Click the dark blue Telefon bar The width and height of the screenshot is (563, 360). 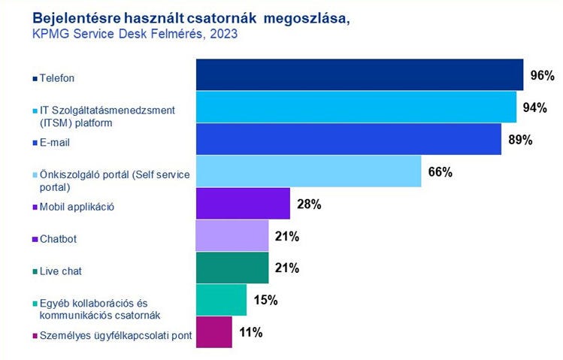pyautogui.click(x=359, y=74)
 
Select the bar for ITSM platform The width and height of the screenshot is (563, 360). pyautogui.click(x=356, y=107)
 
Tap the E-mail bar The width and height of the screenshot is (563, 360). pyautogui.click(x=348, y=139)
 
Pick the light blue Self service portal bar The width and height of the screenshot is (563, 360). pyautogui.click(x=308, y=171)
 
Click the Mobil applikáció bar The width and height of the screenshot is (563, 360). pyautogui.click(x=243, y=203)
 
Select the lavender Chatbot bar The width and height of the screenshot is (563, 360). pyautogui.click(x=232, y=235)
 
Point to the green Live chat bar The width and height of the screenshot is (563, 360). pyautogui.click(x=232, y=268)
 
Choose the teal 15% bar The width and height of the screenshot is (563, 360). pyautogui.click(x=221, y=300)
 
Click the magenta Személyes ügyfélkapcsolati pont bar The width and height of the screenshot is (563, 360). pyautogui.click(x=214, y=331)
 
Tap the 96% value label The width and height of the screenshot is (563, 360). pyautogui.click(x=541, y=75)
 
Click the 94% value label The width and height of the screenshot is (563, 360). pyautogui.click(x=534, y=107)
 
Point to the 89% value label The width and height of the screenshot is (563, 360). pyautogui.click(x=519, y=140)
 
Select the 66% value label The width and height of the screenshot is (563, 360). pyautogui.click(x=440, y=172)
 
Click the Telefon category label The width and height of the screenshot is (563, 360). pyautogui.click(x=59, y=77)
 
